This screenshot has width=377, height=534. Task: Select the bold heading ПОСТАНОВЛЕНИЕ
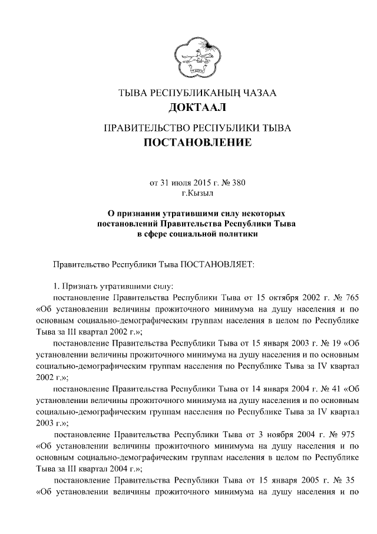tap(197, 142)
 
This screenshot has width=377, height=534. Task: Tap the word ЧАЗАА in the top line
tap(256, 92)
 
